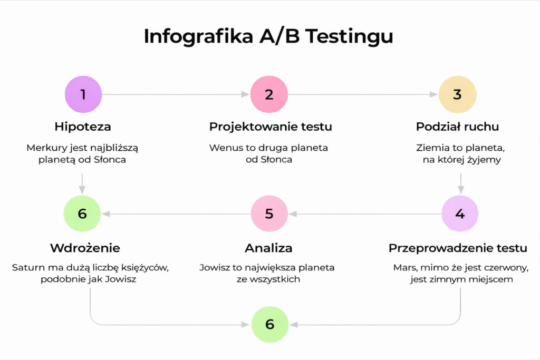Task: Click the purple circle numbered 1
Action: pyautogui.click(x=83, y=94)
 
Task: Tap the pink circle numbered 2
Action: pyautogui.click(x=269, y=94)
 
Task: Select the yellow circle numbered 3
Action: pyautogui.click(x=457, y=94)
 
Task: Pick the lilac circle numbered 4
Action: pyautogui.click(x=460, y=213)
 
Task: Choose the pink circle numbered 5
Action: pyautogui.click(x=269, y=213)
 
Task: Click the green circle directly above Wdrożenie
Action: pyautogui.click(x=82, y=213)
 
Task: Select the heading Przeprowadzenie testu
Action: pyautogui.click(x=458, y=248)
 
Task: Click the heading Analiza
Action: pyautogui.click(x=268, y=248)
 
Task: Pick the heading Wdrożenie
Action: pyautogui.click(x=85, y=248)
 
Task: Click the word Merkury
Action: pyautogui.click(x=44, y=148)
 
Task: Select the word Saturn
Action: pyautogui.click(x=25, y=268)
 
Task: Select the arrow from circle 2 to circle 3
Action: pyautogui.click(x=363, y=94)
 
